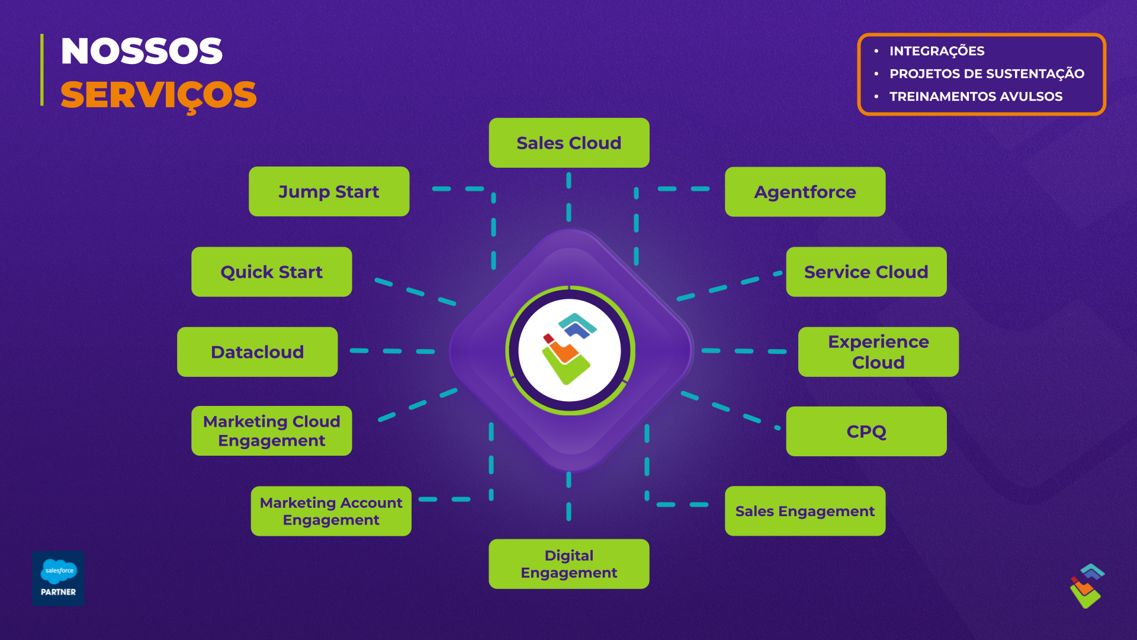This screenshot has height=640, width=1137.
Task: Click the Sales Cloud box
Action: (x=568, y=143)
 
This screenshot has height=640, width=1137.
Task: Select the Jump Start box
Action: (x=329, y=191)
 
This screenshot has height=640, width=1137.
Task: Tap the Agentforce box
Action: (x=805, y=192)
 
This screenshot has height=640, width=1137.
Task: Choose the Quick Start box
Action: (x=271, y=272)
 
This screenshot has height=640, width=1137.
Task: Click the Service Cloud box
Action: (x=866, y=272)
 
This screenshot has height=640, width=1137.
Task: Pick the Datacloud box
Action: (x=257, y=352)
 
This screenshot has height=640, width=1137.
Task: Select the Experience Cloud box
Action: (x=878, y=352)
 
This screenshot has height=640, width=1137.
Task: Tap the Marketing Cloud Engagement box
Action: (x=271, y=431)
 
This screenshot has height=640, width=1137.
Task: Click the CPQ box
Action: (x=866, y=431)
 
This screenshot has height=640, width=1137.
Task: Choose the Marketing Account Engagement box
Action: (x=330, y=511)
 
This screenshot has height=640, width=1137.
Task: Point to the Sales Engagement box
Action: (x=805, y=511)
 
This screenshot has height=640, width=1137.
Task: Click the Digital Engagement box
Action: (x=568, y=564)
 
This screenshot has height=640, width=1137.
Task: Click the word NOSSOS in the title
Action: (x=142, y=51)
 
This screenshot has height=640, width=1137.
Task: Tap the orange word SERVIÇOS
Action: (x=158, y=95)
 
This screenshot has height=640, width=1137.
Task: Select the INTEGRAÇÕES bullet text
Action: (x=937, y=51)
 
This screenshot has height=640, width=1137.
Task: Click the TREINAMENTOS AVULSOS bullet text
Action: (x=976, y=96)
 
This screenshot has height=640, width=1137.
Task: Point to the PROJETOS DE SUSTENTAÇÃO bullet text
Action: (x=987, y=73)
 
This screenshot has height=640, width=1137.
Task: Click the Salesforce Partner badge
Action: (x=58, y=578)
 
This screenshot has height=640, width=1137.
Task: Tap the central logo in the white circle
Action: (x=569, y=350)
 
